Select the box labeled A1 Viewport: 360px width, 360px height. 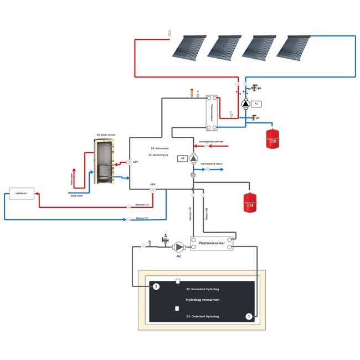tap(256, 104)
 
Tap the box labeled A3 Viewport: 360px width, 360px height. tap(182, 158)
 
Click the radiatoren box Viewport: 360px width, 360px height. tap(22, 193)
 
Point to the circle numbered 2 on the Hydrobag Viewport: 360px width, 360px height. tap(156, 286)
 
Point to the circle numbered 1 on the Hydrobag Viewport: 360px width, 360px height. tap(249, 316)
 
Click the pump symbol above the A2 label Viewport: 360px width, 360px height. tap(179, 246)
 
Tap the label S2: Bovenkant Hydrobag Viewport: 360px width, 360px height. tap(202, 290)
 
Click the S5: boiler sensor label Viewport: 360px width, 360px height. tap(106, 135)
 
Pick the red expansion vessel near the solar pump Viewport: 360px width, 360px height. tap(272, 138)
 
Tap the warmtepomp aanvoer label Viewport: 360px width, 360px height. tap(210, 142)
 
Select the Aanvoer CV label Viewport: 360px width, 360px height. tap(142, 204)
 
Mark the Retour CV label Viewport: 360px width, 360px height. tap(142, 218)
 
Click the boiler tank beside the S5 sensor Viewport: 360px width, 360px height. tap(104, 162)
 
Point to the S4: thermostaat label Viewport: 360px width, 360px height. tap(160, 148)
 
